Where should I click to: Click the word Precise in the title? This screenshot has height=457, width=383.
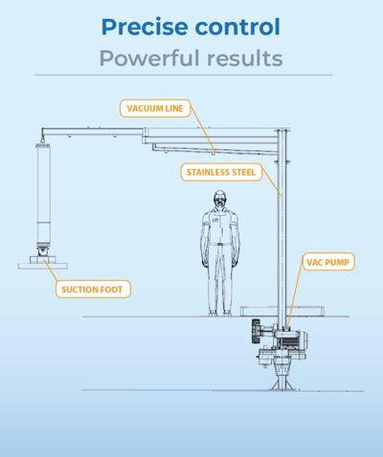pos(145,27)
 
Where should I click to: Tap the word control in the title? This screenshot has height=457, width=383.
pos(237,26)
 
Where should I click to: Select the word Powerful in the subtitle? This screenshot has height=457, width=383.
pos(149,58)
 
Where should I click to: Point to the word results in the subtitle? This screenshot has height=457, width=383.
pos(245,58)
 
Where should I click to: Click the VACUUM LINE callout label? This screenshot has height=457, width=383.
pos(155,108)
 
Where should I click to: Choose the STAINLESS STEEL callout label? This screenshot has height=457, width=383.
pos(221,172)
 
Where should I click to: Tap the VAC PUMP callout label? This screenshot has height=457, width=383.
pos(328,262)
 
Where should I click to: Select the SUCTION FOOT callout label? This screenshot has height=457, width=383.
pos(93,289)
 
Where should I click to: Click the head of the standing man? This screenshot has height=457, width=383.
pos(220,199)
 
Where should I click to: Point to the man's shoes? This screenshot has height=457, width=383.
pos(220,314)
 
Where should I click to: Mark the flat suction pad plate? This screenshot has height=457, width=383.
pos(43,266)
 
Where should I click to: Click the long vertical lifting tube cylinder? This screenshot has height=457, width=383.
pos(43,194)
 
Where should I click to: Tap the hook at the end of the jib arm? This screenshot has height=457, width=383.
pos(42,139)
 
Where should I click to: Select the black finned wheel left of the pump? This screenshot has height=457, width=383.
pos(256,332)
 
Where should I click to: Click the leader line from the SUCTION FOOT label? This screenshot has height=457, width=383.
pos(51,271)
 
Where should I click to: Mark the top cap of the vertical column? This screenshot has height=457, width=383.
pos(282,130)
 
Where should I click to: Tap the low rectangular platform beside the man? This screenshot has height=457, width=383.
pos(282,311)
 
